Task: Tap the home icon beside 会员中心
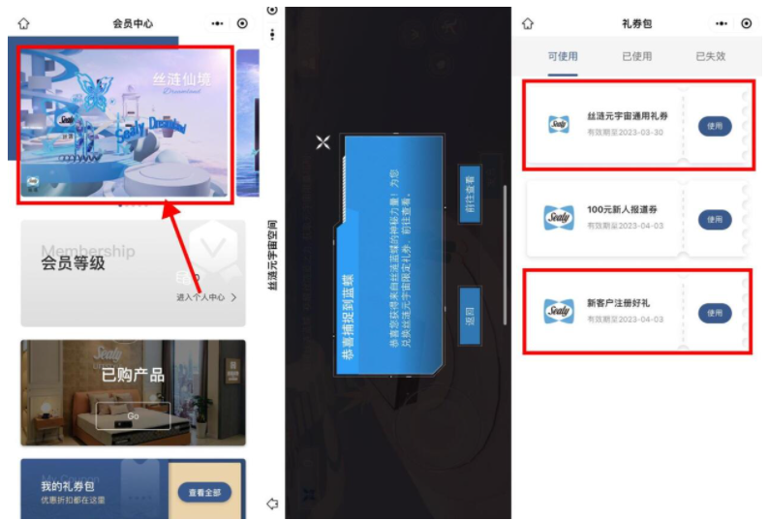(x=24, y=23)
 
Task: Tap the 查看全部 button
(x=204, y=493)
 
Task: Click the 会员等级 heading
(x=73, y=262)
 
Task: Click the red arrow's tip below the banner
(x=168, y=204)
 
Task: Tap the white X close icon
(x=323, y=143)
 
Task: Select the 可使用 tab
(x=563, y=56)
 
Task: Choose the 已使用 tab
(x=637, y=56)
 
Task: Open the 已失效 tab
(x=710, y=56)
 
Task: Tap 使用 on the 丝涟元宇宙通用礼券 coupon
(x=715, y=126)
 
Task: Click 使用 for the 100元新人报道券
(x=715, y=220)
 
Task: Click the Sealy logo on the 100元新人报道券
(x=559, y=219)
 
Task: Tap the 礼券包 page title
(x=637, y=23)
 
